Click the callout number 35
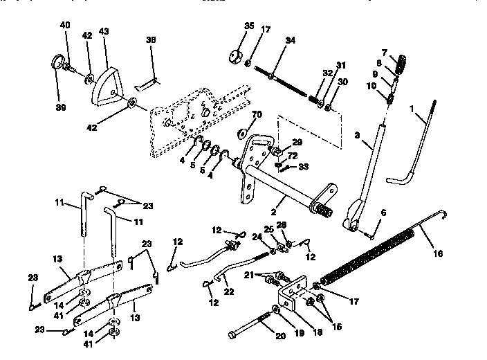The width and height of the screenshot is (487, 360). click(x=249, y=26)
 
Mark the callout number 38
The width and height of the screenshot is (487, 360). click(x=152, y=41)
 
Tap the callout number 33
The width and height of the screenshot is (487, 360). click(x=304, y=167)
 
